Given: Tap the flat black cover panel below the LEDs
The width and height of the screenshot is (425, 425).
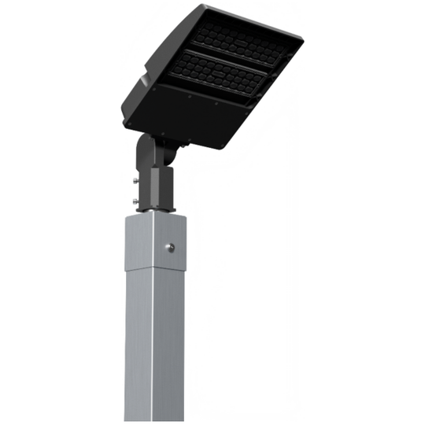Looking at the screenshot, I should (x=189, y=118).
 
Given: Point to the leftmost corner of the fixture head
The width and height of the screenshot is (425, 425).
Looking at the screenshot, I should (x=123, y=108).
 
